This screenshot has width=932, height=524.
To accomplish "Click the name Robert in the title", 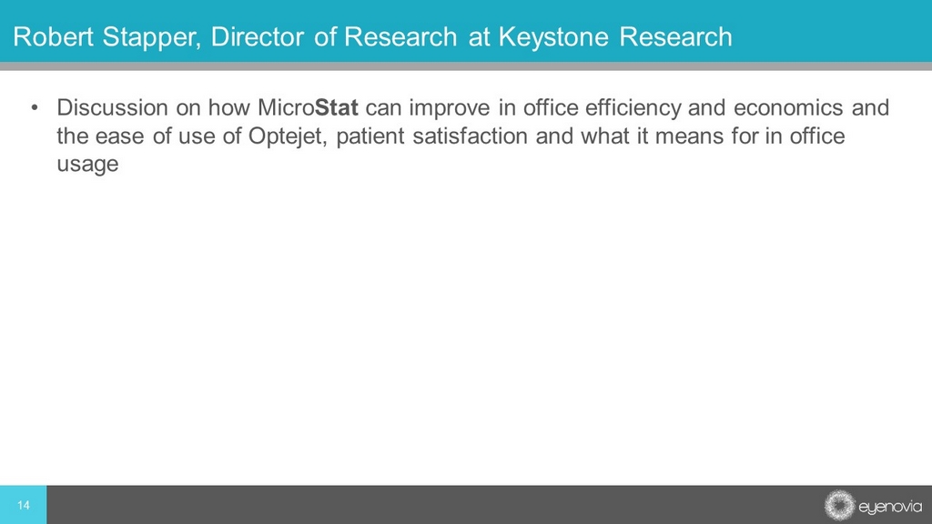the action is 54,36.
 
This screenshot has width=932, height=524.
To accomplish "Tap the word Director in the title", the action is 258,36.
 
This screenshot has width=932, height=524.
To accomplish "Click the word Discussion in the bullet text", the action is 112,107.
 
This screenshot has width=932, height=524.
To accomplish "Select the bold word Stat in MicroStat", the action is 337,107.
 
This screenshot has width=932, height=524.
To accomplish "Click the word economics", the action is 788,107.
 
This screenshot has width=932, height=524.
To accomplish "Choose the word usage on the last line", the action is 88,165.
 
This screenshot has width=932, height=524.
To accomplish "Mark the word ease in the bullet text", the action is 120,136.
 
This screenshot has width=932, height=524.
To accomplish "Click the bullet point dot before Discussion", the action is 35,107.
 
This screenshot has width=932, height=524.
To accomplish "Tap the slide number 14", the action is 23,505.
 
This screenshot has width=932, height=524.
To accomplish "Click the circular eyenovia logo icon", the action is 839,505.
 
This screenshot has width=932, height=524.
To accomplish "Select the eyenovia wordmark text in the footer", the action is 890,507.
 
